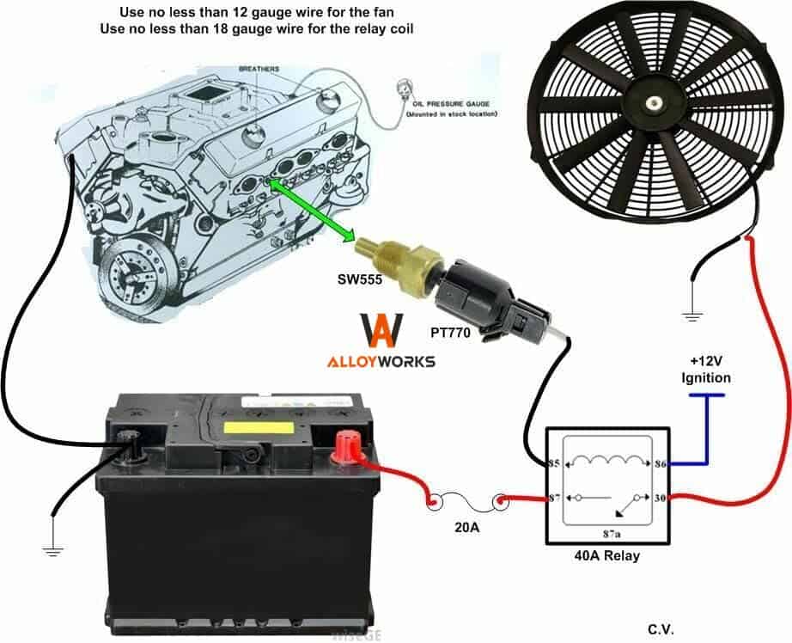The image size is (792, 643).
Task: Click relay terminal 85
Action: pyautogui.click(x=552, y=464)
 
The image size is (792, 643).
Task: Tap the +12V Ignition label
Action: pyautogui.click(x=706, y=370)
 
